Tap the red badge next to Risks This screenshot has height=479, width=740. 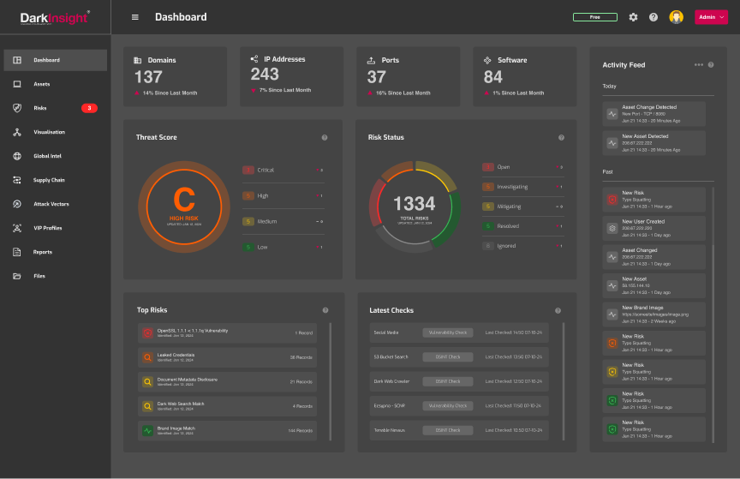pos(89,108)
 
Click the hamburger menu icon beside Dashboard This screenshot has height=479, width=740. pos(134,17)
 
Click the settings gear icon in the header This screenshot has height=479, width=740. pos(633,17)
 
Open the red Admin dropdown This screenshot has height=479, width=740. pos(711,17)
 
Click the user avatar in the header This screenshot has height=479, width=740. pos(676,17)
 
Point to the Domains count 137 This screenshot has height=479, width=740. pos(148,77)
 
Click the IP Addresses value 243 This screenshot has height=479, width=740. pos(265,75)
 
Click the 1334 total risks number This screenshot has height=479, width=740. pos(414,204)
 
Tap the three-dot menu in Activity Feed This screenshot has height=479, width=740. pos(699,64)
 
